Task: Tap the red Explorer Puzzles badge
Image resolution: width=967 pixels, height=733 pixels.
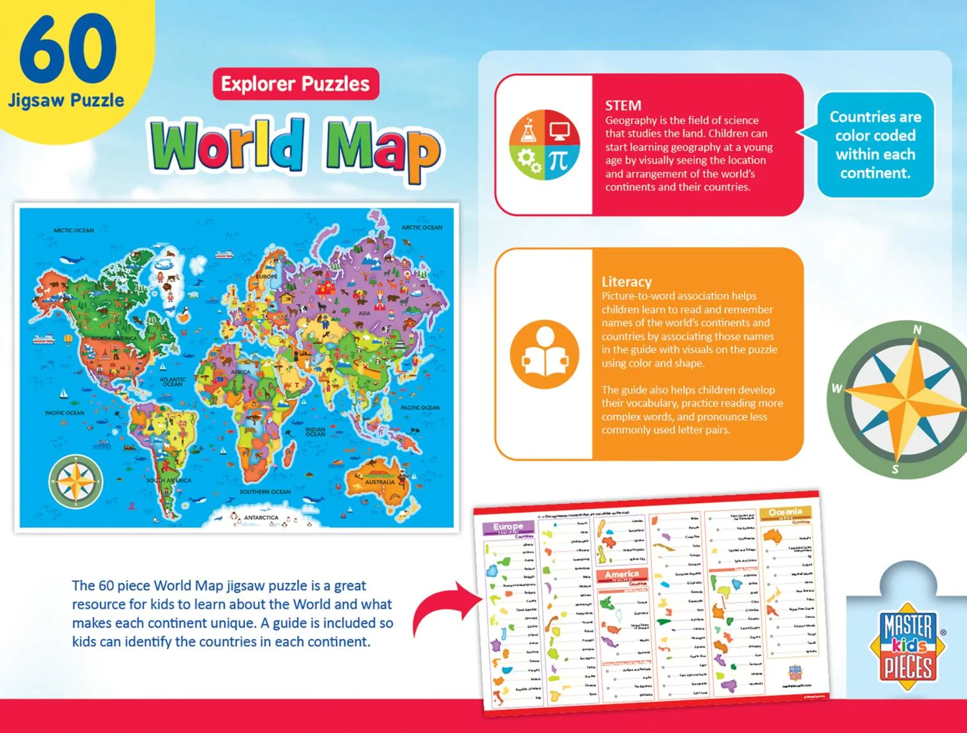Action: point(295,84)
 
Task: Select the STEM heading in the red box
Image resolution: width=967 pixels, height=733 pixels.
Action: point(623,106)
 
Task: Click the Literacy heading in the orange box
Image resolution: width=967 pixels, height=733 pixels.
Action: point(626,281)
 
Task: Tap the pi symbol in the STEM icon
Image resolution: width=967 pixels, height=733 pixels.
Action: point(558,161)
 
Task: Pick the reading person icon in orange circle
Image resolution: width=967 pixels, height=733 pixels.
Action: point(544,354)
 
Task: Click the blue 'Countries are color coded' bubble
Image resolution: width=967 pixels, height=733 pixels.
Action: point(875,145)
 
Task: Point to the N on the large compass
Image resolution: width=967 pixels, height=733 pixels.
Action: point(917,330)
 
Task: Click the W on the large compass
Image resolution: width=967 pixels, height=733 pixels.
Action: point(836,388)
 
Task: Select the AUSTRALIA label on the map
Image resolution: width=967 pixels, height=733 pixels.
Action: point(380,482)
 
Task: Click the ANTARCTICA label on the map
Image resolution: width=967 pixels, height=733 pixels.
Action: point(261,517)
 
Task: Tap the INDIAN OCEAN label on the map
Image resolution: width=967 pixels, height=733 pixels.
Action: point(315,432)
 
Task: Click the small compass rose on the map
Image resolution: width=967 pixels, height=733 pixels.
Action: point(75,481)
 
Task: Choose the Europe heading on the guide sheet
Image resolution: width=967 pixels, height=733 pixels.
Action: point(508,527)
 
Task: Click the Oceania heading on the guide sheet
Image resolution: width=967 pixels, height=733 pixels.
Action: point(785,512)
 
